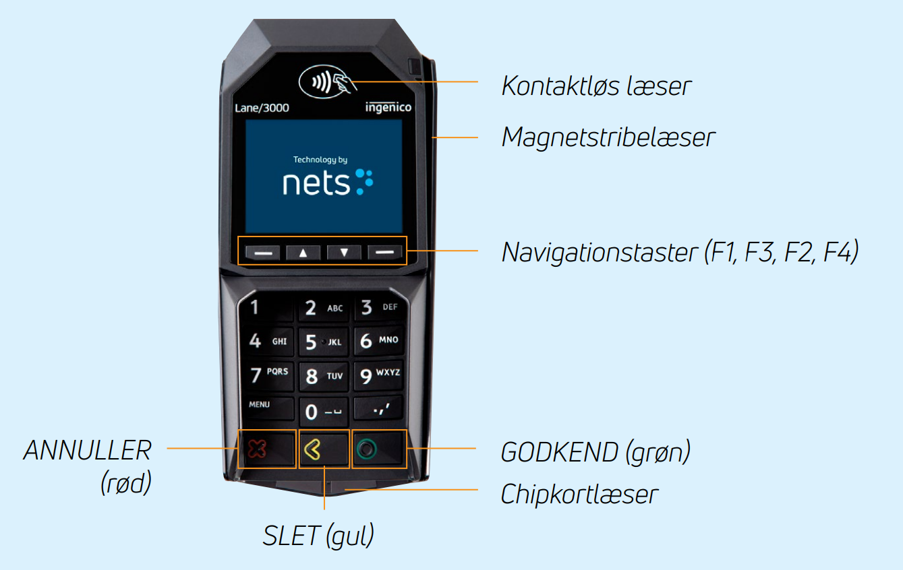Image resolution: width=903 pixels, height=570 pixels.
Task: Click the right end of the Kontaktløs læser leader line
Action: [477, 82]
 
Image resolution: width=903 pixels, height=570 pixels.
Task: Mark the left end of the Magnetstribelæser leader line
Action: [432, 137]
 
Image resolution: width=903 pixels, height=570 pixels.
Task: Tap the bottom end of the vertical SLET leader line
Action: [324, 509]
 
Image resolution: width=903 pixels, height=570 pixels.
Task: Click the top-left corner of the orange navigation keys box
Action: [238, 236]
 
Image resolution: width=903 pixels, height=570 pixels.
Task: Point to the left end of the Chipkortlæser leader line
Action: [345, 490]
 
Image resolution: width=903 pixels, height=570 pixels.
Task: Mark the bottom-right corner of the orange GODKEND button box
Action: [407, 468]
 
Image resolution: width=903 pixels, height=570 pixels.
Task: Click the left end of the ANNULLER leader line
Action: [167, 448]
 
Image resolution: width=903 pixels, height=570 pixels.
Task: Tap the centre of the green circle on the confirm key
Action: [366, 449]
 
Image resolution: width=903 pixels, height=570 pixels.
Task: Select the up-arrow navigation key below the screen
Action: [303, 253]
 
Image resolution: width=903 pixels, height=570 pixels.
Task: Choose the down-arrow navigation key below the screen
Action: [344, 253]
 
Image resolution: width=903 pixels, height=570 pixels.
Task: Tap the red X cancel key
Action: [267, 449]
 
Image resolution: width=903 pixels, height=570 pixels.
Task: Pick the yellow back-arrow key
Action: [324, 449]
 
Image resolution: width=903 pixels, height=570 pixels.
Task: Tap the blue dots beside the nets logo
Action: [364, 182]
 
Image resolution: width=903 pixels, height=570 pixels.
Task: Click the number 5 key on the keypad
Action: [323, 342]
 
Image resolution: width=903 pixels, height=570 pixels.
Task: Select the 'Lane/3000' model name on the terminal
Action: [262, 108]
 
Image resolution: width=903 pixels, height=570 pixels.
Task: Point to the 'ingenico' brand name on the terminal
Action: [388, 107]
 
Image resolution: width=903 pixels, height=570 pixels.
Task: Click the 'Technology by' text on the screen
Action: [320, 160]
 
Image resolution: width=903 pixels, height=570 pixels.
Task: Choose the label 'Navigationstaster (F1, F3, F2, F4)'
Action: [680, 252]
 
